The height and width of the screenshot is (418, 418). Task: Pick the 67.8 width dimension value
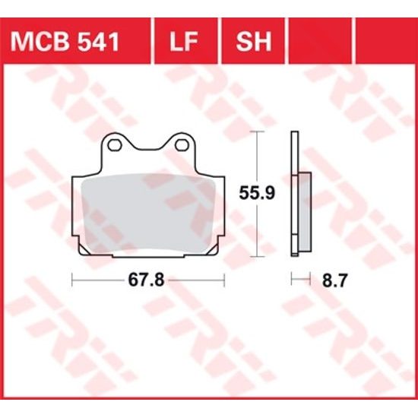(146, 280)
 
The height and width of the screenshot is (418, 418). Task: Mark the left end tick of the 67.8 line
(72, 280)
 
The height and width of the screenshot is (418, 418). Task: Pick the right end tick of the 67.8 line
(222, 280)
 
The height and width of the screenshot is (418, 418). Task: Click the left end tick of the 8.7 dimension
(292, 280)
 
